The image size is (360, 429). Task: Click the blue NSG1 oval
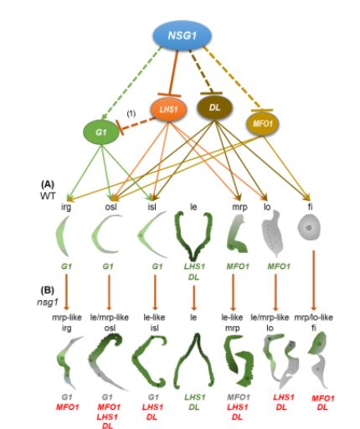click(182, 35)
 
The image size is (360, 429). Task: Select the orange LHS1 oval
click(168, 109)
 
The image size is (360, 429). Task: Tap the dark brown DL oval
click(214, 107)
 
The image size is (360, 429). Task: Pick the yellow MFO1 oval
click(263, 123)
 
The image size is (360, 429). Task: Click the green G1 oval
click(101, 132)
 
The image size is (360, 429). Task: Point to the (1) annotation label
click(131, 113)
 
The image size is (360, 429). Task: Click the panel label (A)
click(48, 184)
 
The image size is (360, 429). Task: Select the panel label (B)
click(48, 291)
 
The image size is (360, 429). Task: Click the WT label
click(48, 196)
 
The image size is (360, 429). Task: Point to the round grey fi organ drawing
click(309, 228)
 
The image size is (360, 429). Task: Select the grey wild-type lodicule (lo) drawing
click(272, 234)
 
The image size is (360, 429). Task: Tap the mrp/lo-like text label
click(313, 318)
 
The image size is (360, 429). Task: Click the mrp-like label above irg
click(67, 318)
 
